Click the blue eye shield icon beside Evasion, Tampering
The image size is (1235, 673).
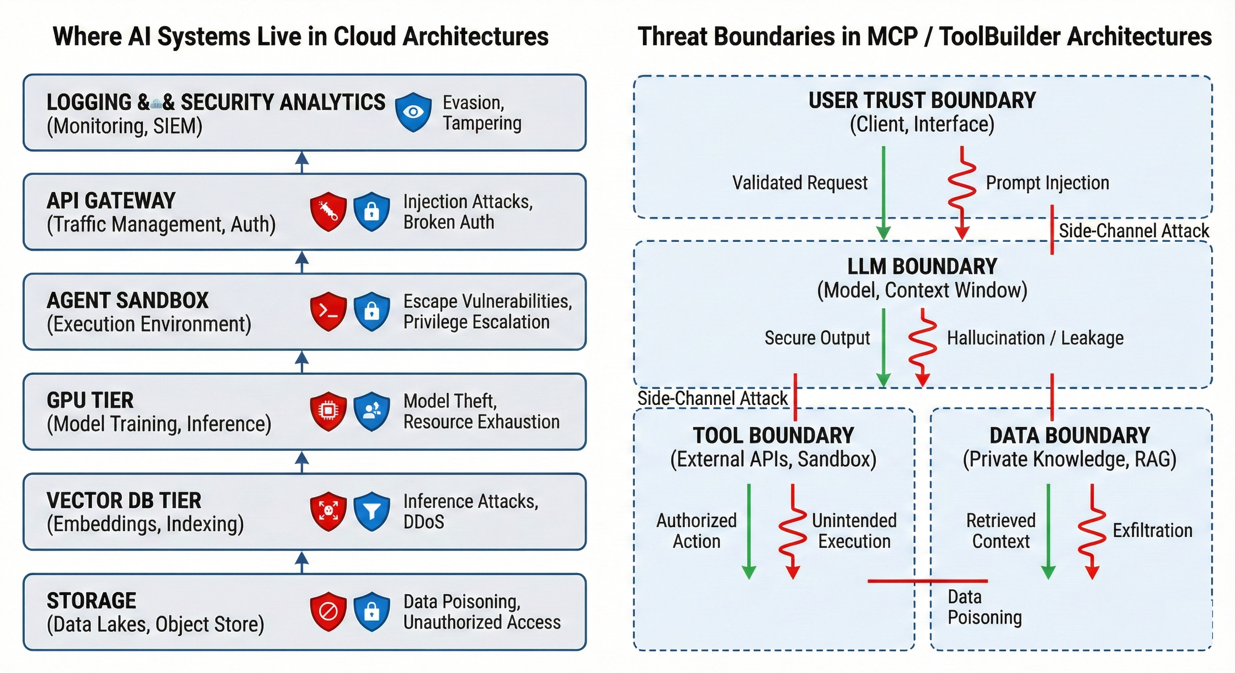tap(413, 112)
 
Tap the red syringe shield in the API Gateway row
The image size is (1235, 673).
tap(328, 211)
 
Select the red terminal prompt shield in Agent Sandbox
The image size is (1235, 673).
tap(328, 311)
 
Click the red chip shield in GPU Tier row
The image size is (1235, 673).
tap(328, 411)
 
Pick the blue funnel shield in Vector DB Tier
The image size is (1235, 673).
tap(371, 510)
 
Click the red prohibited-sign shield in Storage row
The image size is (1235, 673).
tap(328, 611)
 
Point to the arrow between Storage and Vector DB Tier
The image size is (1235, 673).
tap(302, 561)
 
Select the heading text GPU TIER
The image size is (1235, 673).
tap(90, 400)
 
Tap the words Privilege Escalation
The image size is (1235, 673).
tap(476, 322)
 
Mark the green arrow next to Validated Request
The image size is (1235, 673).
tap(883, 191)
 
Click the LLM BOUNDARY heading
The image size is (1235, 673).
tap(922, 266)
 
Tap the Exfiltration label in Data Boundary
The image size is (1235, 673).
tap(1152, 530)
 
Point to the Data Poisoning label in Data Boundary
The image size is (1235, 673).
tap(984, 607)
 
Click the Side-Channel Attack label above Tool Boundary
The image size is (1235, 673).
tap(712, 398)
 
